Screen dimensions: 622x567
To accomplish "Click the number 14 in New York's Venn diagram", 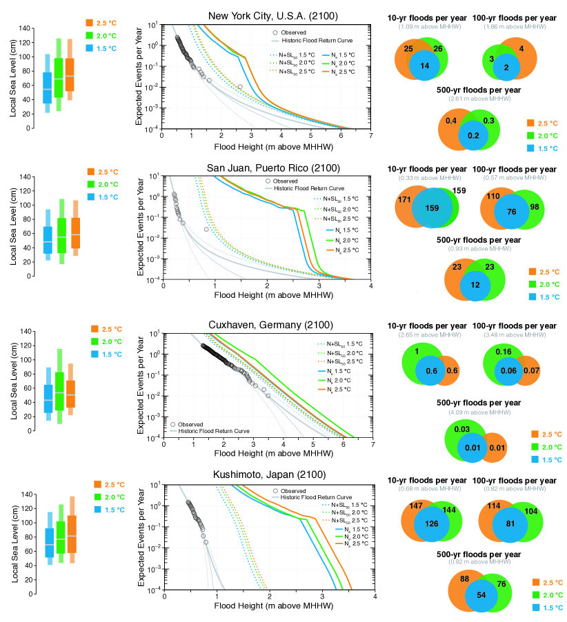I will click(x=425, y=66).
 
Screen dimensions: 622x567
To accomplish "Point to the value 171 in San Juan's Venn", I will click(x=405, y=199).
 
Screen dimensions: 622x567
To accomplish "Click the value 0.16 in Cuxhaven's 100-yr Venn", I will click(x=504, y=352).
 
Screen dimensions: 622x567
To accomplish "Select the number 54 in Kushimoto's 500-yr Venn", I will click(x=472, y=594).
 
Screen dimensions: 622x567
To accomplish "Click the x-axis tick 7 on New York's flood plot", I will click(x=371, y=135).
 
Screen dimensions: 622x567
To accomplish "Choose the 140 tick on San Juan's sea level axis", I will click(x=27, y=177).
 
